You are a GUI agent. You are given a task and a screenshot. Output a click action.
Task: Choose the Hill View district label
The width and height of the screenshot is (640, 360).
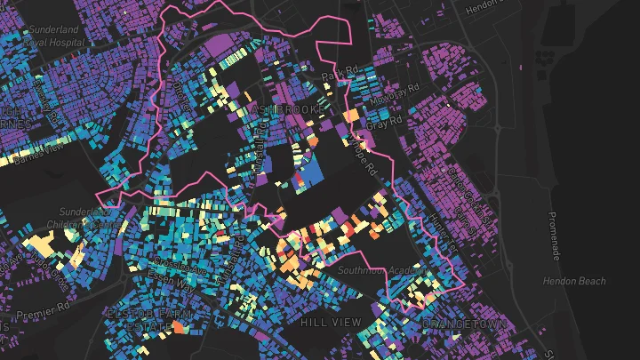331,321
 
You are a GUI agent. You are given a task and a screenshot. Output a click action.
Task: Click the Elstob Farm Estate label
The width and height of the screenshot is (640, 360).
136,321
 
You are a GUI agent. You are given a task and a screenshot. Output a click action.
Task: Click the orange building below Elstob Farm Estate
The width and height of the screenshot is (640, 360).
178,328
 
